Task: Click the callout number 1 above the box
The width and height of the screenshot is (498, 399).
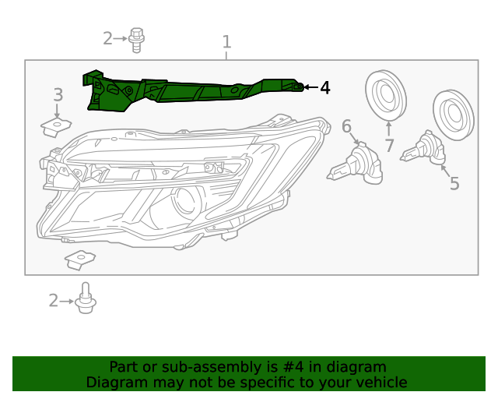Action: click(x=226, y=41)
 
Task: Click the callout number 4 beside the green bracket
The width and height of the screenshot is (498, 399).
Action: click(x=325, y=88)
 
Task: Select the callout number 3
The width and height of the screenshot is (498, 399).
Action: click(x=58, y=95)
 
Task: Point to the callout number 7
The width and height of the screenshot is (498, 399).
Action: click(x=389, y=145)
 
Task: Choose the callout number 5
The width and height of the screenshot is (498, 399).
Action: click(x=454, y=184)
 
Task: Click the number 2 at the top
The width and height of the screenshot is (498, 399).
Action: click(x=107, y=37)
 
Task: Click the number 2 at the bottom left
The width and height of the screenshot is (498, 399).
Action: click(x=53, y=300)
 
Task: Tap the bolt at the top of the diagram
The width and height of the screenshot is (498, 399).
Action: click(x=138, y=39)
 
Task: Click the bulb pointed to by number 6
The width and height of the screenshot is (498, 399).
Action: click(x=356, y=163)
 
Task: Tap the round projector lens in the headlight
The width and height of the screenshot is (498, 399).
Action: click(x=185, y=201)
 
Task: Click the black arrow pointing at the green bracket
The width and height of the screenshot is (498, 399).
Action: click(x=311, y=87)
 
